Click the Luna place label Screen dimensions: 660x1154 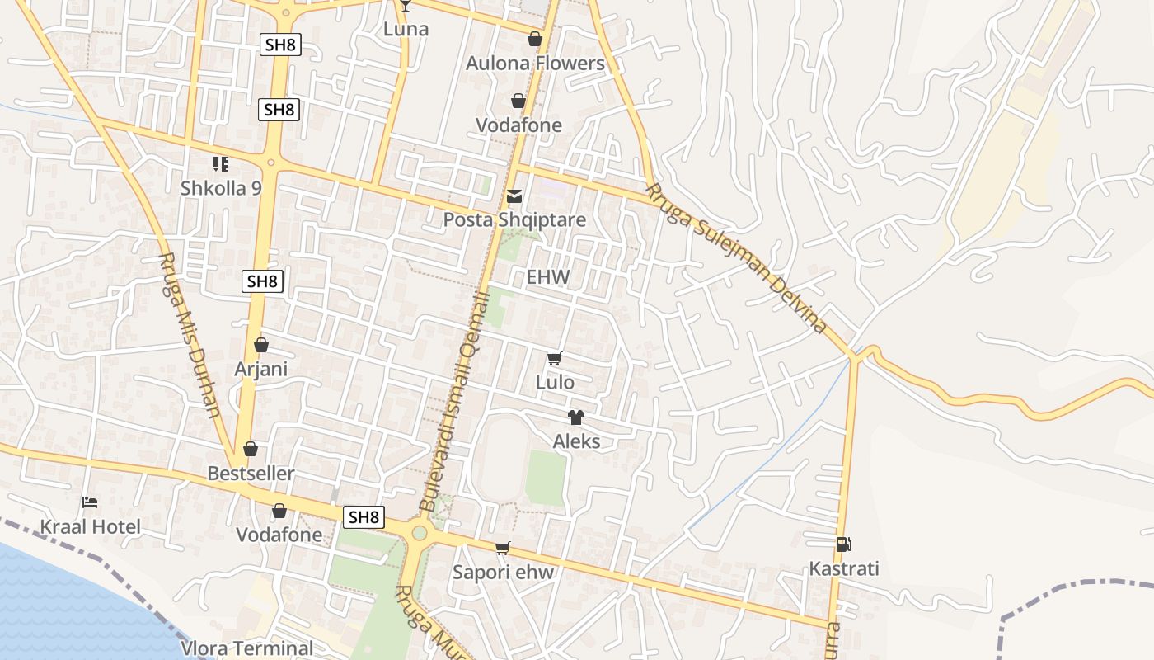coord(406,29)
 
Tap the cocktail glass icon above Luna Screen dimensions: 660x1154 coord(405,6)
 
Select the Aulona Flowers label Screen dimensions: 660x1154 coord(535,64)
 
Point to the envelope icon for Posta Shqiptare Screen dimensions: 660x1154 coord(514,196)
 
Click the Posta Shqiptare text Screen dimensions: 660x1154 coord(514,220)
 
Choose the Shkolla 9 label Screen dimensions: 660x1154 coord(221,188)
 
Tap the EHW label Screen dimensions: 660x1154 coord(548,277)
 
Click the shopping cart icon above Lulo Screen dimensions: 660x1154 coord(555,359)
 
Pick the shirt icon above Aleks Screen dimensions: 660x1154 coord(575,417)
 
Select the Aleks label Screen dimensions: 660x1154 coord(576,441)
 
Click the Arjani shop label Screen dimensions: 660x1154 coord(261,369)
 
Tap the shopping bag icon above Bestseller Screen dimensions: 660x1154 coord(251,450)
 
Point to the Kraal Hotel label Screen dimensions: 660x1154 coord(91,527)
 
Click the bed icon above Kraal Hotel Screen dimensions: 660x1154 coord(90,502)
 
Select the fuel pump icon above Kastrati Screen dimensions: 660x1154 coord(843,544)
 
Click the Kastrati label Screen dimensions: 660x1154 coord(843,569)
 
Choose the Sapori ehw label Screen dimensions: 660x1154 coord(503,573)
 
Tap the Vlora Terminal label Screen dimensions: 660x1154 coord(247,648)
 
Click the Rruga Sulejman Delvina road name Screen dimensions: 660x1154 coord(735,257)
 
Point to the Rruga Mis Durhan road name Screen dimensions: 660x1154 coord(189,335)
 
